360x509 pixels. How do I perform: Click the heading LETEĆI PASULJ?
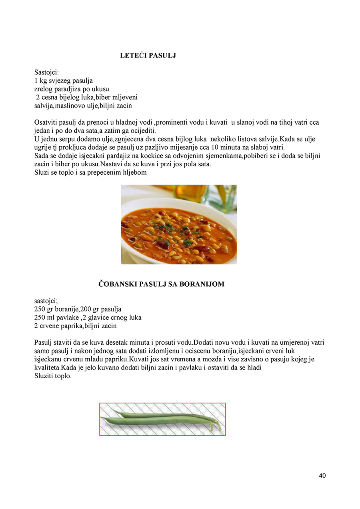(x=148, y=56)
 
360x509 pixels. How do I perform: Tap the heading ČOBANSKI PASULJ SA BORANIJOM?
(x=162, y=284)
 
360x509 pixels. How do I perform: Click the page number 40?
(x=322, y=475)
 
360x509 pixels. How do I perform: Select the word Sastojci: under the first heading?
(x=47, y=72)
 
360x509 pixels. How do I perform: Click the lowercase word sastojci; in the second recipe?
(x=46, y=301)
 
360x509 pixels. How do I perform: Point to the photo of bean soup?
(x=178, y=224)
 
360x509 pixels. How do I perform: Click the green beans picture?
(x=162, y=419)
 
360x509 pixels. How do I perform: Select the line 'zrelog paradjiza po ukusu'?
(x=72, y=89)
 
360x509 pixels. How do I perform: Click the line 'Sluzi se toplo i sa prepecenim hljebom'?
(x=90, y=173)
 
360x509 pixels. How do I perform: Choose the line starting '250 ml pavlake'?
(x=88, y=317)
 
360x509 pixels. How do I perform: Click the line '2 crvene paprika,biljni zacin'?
(x=76, y=326)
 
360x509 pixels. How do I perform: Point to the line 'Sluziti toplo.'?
(x=53, y=376)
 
